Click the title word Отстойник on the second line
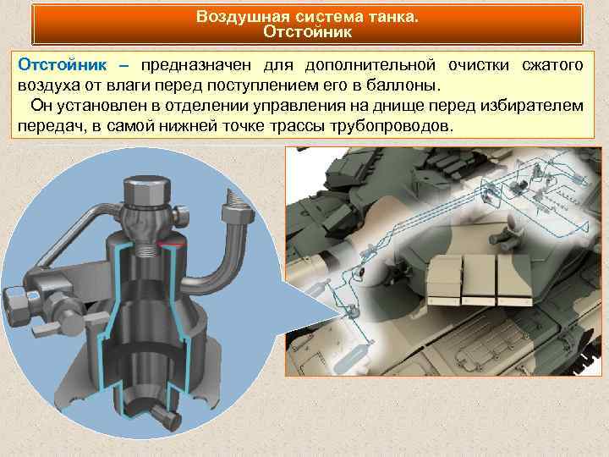[x=307, y=32]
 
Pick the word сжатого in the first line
[x=555, y=65]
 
